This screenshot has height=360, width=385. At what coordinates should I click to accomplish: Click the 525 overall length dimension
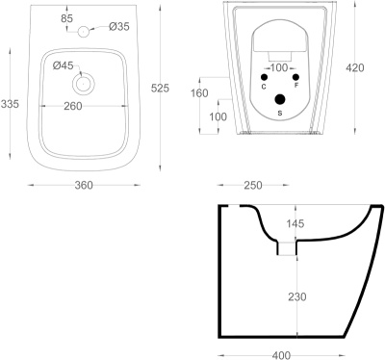(x=160, y=88)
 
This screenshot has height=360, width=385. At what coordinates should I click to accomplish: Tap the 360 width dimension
(x=84, y=185)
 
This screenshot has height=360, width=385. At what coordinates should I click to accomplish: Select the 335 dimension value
(x=10, y=104)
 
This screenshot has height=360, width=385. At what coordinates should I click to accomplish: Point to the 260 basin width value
(x=73, y=106)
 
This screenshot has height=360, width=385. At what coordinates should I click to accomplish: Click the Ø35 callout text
(x=119, y=26)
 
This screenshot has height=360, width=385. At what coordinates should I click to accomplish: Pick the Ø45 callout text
(x=64, y=65)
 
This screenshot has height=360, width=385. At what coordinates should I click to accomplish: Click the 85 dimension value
(x=66, y=18)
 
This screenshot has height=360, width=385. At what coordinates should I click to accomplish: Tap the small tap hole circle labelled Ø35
(x=84, y=31)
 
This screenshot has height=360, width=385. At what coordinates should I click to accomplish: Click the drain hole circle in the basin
(x=84, y=84)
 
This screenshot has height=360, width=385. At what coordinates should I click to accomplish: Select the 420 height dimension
(x=355, y=67)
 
